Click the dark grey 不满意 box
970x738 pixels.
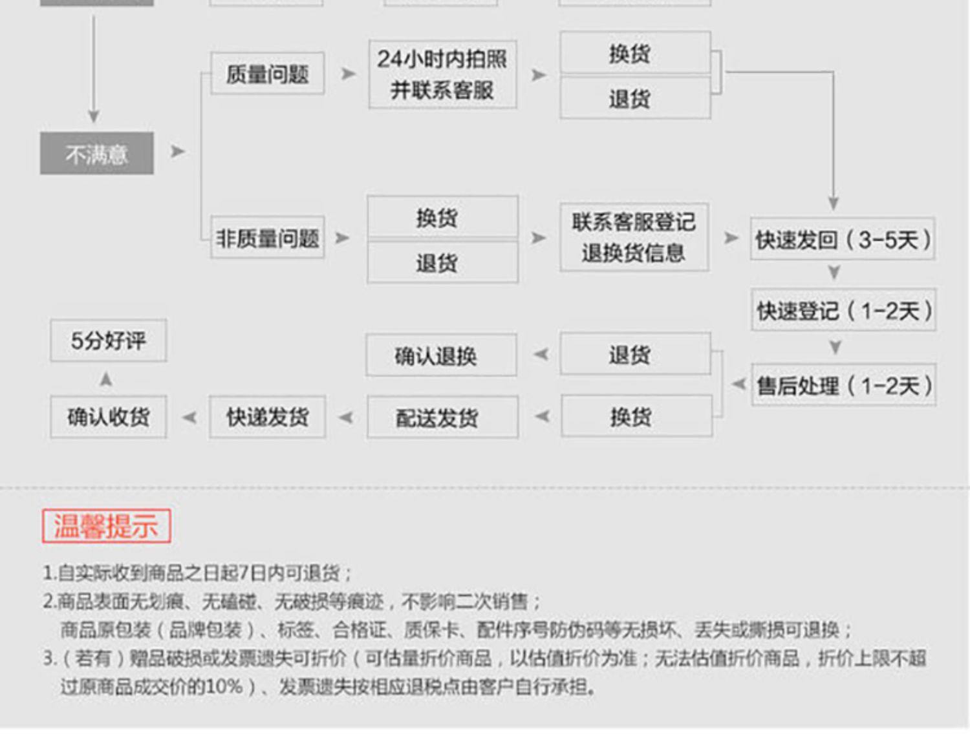click(97, 154)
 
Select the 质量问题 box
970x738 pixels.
click(267, 74)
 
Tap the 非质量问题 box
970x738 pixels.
click(267, 238)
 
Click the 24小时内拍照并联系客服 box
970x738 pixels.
click(442, 74)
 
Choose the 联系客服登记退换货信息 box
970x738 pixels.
click(634, 237)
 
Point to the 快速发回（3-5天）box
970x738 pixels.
click(843, 240)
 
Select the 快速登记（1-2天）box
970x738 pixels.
click(843, 311)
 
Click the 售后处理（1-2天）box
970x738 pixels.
click(843, 386)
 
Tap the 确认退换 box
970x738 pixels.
click(441, 355)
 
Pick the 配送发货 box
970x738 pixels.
click(442, 417)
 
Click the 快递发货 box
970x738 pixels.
click(267, 417)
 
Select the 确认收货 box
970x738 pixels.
click(109, 417)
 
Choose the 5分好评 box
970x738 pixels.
click(109, 341)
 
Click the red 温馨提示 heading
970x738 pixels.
click(106, 526)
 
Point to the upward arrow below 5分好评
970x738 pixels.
click(106, 379)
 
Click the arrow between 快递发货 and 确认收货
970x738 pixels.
click(189, 417)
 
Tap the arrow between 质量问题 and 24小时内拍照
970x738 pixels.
click(348, 74)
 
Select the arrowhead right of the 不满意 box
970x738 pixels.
click(177, 152)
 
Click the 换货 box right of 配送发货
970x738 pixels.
click(636, 417)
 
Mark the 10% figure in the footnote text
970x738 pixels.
click(223, 686)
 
